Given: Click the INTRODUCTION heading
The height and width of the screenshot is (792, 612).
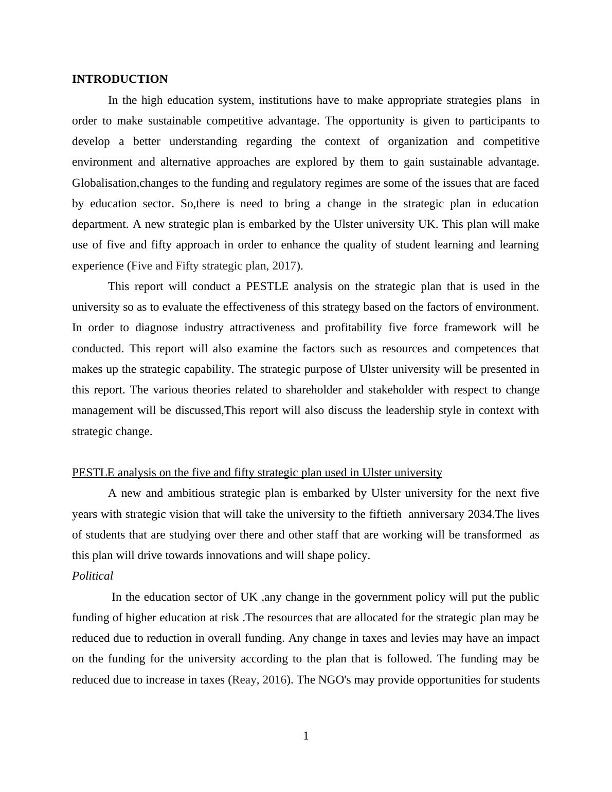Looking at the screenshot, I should (x=119, y=79).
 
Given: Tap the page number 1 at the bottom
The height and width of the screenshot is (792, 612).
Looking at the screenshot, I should (x=306, y=736).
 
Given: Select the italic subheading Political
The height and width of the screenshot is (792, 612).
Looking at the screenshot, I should (x=93, y=576).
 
